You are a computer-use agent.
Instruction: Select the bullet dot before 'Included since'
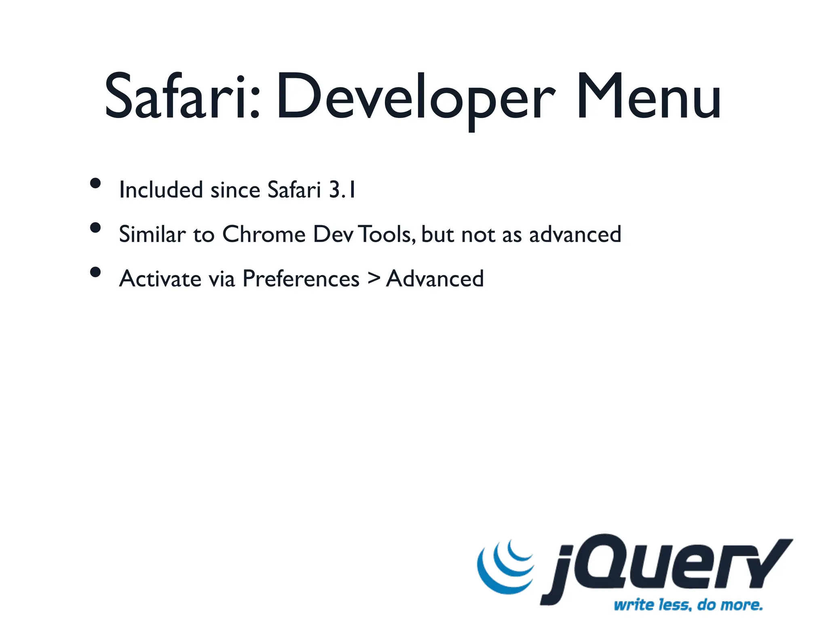coord(95,184)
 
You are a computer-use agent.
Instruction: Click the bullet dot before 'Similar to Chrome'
coord(95,228)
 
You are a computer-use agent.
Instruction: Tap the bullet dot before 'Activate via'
coord(95,272)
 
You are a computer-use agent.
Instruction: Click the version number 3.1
coord(342,190)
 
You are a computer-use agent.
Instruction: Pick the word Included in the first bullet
coord(161,190)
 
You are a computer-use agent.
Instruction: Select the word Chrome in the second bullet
coord(264,234)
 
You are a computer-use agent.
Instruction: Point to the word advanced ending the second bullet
coord(575,234)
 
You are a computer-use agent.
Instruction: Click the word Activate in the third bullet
coord(160,279)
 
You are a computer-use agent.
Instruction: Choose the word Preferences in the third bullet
coord(301,279)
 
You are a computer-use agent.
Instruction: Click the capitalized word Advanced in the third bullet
coord(435,279)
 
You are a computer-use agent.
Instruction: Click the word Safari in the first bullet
coord(294,190)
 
